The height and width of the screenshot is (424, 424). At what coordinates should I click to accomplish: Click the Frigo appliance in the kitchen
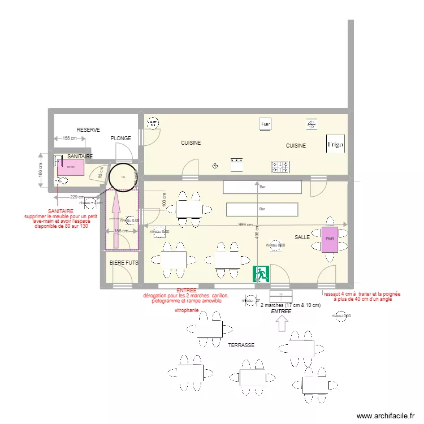coord(335,144)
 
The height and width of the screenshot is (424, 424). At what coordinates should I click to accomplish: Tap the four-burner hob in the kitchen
coord(282,166)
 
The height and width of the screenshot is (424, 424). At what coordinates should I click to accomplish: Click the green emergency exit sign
coord(261,274)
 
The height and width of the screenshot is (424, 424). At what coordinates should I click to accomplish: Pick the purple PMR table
coord(330,239)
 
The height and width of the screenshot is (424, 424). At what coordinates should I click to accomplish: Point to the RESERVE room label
coord(88,130)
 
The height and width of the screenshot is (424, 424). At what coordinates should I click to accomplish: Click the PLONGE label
coord(120,139)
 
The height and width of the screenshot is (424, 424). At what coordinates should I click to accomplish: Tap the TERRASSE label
coord(241,345)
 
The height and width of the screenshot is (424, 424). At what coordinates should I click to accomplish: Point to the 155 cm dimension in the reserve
coord(70,139)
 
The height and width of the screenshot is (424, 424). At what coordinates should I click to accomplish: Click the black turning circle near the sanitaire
coord(122,177)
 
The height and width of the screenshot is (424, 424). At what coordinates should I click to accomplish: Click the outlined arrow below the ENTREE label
coord(282,323)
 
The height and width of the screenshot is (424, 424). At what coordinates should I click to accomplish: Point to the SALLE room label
coord(302,237)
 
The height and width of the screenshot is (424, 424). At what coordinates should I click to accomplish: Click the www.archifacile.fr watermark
coord(389,416)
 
